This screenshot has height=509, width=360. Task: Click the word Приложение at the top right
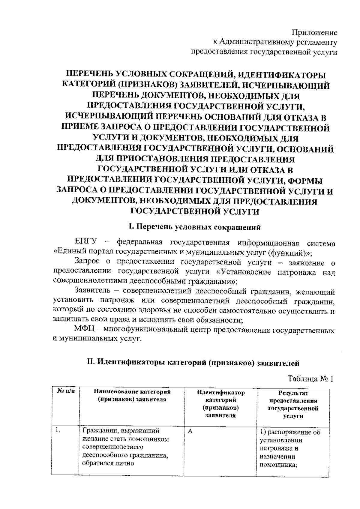(x=315, y=33)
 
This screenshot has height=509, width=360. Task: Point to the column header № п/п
(x=65, y=392)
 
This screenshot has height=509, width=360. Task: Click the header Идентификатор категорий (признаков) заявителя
(x=220, y=404)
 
